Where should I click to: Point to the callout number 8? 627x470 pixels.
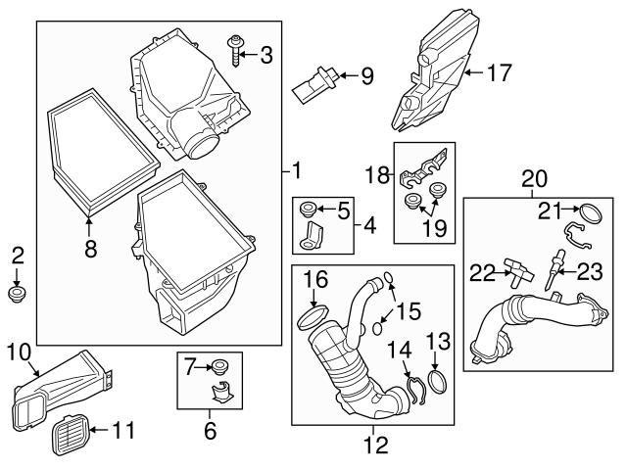[90, 250]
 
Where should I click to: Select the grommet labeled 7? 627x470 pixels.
[219, 367]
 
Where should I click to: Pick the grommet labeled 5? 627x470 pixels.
[307, 209]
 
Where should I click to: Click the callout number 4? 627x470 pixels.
[369, 226]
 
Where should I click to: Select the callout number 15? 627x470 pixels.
[410, 312]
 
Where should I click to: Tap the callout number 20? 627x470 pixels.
[534, 180]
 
